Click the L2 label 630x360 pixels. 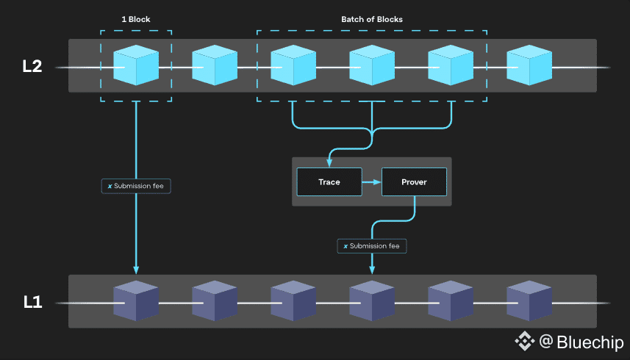coord(32,66)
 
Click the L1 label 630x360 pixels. coord(32,302)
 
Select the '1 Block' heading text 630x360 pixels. coord(136,19)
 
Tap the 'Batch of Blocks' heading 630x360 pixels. coord(371,19)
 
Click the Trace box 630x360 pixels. coord(329,181)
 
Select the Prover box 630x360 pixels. coord(414,181)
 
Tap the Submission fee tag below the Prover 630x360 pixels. coord(372,245)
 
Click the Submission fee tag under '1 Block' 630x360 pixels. coord(137,186)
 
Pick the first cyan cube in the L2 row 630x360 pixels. coord(136,65)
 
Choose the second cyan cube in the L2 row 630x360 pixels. coord(215,65)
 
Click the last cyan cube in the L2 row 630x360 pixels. coord(529,65)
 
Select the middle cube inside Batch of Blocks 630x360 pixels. coord(372,65)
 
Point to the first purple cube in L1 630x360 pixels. coord(136,301)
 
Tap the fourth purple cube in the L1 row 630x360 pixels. coord(372,301)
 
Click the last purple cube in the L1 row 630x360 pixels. coord(529,301)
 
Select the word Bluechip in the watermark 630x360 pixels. coord(590,342)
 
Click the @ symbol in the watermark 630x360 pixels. coord(545,342)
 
